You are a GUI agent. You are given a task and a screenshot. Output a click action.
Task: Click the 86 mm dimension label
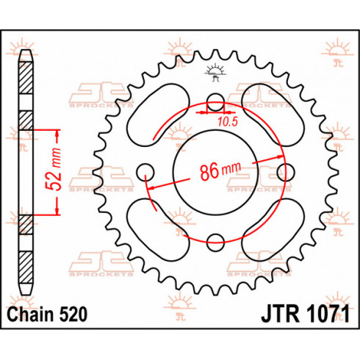220,170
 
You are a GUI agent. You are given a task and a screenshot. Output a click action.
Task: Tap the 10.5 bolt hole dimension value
228,122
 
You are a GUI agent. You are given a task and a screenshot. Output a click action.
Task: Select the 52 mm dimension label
54,169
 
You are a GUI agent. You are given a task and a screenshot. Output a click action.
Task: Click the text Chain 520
47,314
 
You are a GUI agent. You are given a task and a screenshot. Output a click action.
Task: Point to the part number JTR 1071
305,314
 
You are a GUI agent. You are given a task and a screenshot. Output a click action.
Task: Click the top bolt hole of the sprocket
215,102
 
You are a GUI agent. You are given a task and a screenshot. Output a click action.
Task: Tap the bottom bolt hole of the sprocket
215,242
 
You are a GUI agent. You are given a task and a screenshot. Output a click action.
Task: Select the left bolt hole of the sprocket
145,172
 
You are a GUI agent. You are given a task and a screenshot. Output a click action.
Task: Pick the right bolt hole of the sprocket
286,172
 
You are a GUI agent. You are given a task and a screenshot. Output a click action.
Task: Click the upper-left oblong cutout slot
158,115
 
